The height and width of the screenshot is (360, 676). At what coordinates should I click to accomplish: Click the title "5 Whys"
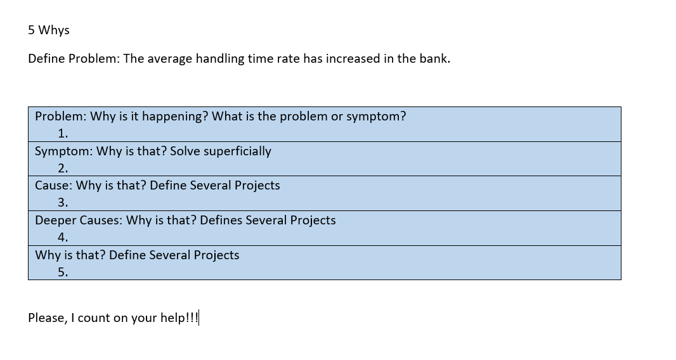(49, 30)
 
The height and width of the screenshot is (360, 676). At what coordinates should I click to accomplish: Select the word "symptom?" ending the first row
(378, 117)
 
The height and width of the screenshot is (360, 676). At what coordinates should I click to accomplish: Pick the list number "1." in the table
(63, 134)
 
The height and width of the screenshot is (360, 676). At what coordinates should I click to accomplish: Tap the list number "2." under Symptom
(63, 169)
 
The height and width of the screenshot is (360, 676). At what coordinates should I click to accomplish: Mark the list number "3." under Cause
(63, 203)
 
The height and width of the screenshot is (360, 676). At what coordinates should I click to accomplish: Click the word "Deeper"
(55, 221)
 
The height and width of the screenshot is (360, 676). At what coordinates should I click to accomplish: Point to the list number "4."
(63, 238)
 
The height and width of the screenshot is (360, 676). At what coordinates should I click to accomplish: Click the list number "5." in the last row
(63, 273)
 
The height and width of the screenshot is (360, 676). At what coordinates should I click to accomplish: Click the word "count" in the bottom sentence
(94, 318)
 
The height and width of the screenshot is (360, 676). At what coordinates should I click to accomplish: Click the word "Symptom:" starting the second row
(63, 151)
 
